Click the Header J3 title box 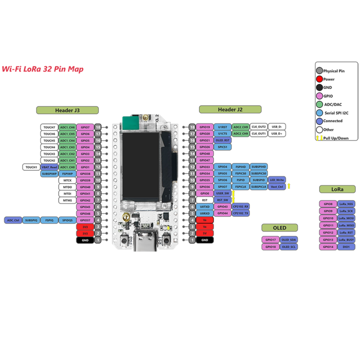(67, 110)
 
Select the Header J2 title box (230, 110)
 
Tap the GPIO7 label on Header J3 (85, 127)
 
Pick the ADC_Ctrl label (13, 220)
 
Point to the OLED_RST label (223, 140)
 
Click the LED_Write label (277, 180)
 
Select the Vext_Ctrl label (277, 187)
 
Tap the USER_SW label (223, 193)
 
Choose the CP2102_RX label (240, 206)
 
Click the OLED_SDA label (289, 240)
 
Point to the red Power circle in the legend (319, 79)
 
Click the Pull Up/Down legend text (335, 138)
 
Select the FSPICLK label (240, 187)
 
